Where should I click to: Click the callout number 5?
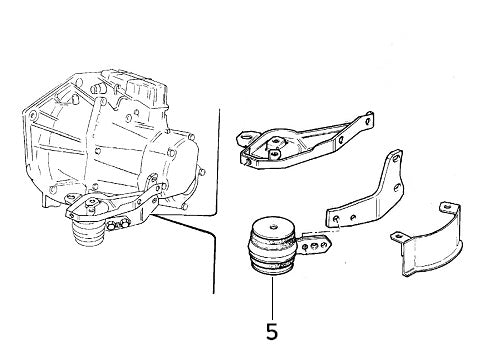coord(272,331)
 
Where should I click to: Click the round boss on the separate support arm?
coord(272,146)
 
